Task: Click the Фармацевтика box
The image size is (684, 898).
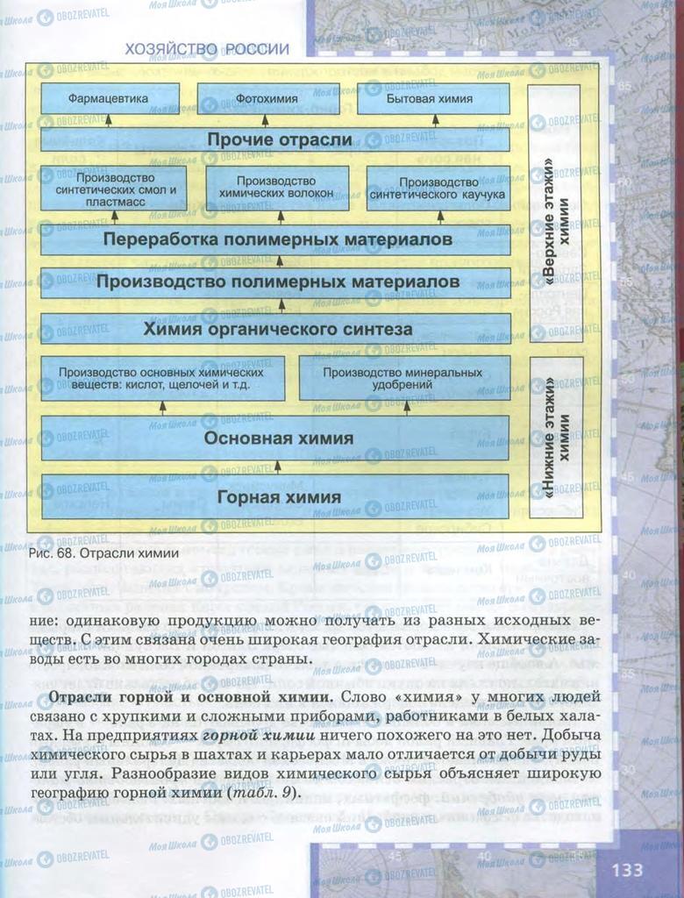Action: (110, 98)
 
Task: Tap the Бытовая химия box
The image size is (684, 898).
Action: (430, 98)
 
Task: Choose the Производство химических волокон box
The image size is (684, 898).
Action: (278, 188)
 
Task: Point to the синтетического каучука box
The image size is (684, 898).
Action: (438, 188)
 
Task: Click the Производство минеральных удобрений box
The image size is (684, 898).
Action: (403, 378)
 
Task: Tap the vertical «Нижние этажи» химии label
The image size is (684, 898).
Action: (554, 436)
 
